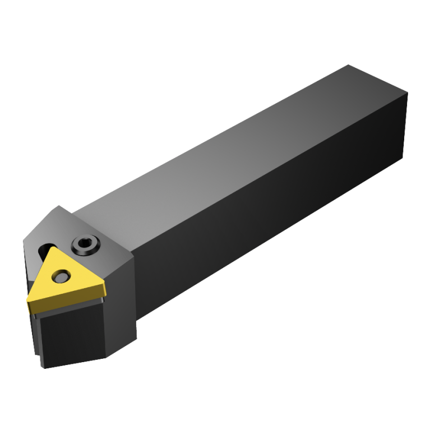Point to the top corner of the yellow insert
[55, 248]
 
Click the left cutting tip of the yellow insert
[29, 303]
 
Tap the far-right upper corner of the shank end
[408, 94]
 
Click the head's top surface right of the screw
[109, 247]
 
